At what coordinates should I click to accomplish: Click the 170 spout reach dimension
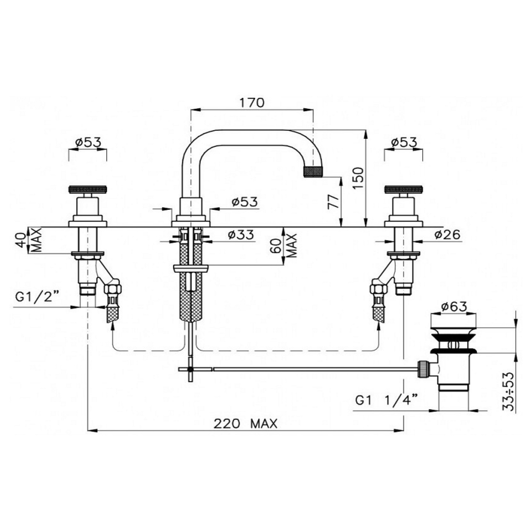coord(252,103)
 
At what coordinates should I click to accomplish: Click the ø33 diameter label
coord(241,235)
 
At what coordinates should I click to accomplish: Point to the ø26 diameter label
coord(447,235)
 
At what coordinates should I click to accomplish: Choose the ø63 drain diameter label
coord(454,307)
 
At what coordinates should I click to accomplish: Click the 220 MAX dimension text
coord(245,424)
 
